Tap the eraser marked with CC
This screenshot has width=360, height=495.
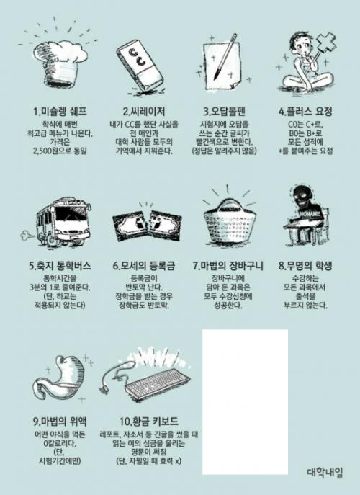point(140,66)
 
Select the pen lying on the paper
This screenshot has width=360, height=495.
point(225,57)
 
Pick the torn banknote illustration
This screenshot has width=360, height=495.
point(147,225)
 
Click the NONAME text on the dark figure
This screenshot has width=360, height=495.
point(310,214)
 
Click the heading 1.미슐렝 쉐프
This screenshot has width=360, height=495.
point(60,112)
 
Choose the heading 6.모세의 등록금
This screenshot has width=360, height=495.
point(144,266)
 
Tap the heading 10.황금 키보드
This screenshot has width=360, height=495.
point(149,421)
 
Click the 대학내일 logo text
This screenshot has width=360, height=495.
point(325,472)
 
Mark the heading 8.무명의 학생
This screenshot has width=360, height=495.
point(305,266)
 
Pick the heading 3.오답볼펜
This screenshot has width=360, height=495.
point(225,112)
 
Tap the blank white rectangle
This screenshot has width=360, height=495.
point(245,402)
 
